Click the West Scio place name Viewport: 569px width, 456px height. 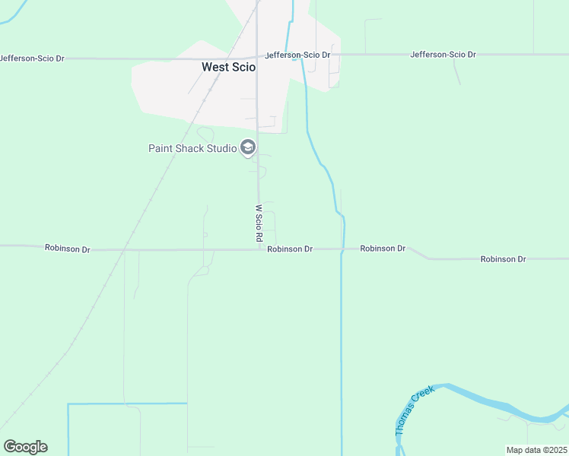tap(228, 67)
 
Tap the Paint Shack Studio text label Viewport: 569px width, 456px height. tap(192, 148)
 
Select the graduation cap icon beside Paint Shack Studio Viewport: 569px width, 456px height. tap(247, 147)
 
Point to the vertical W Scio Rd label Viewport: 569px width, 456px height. tap(259, 223)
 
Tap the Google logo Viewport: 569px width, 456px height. tap(25, 447)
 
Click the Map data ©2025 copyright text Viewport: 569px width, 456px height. tap(536, 450)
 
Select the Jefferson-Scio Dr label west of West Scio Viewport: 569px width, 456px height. tap(31, 58)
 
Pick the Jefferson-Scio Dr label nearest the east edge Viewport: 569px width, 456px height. tap(443, 55)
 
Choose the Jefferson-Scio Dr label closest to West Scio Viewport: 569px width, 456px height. tap(297, 55)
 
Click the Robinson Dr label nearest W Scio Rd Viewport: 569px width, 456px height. tap(290, 249)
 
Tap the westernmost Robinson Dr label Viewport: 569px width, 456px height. tap(67, 248)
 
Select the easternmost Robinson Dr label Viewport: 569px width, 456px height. tap(503, 259)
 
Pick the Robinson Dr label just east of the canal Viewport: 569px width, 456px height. tap(383, 249)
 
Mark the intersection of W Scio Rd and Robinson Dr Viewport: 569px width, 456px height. tap(259, 249)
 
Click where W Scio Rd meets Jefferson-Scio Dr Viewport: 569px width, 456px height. tap(257, 56)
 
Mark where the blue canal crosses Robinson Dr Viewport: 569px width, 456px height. tap(342, 249)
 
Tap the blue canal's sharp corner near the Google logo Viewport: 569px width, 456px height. tap(68, 404)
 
